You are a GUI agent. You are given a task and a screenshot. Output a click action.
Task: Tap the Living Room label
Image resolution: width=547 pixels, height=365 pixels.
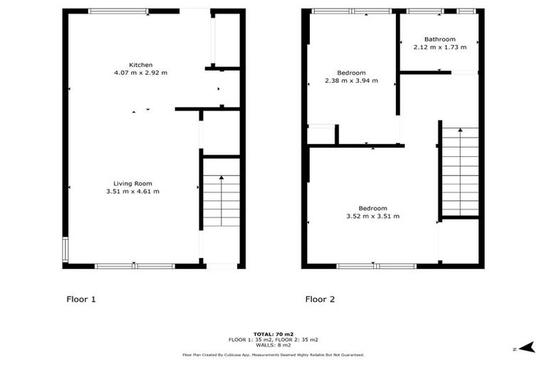(x=132, y=183)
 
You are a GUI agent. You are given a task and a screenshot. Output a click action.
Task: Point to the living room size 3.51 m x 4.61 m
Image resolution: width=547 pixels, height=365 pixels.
(x=132, y=191)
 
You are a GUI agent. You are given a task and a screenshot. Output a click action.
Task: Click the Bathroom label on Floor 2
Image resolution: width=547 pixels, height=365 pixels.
(x=439, y=39)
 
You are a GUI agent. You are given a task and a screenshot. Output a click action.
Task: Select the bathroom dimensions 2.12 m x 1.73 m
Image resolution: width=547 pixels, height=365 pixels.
(x=439, y=47)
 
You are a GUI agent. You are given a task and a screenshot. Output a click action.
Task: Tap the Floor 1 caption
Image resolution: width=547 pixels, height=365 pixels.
(x=80, y=299)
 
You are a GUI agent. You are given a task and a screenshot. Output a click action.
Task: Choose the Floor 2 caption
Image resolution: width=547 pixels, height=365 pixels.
(x=320, y=299)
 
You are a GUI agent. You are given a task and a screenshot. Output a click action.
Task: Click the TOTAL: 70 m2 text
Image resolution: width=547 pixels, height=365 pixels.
(x=273, y=334)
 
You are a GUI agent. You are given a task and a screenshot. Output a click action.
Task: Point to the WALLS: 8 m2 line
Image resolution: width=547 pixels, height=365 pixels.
(x=273, y=346)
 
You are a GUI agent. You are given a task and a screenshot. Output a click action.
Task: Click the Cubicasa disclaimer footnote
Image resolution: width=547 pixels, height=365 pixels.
(x=273, y=354)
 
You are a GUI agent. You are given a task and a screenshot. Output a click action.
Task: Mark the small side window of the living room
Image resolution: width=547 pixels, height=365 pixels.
(x=65, y=249)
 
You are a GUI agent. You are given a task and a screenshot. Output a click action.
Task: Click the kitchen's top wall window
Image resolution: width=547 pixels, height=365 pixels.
(x=118, y=11)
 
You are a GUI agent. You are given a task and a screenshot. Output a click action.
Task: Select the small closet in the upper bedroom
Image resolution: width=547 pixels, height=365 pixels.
(x=321, y=135)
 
